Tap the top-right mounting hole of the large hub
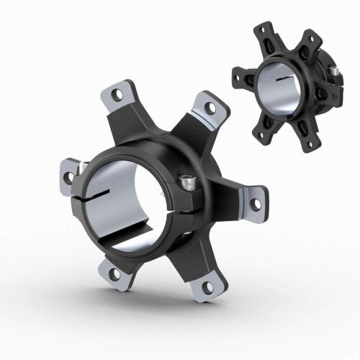(210, 107)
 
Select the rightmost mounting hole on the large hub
(255, 204)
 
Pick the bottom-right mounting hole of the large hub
(208, 287)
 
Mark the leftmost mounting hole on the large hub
(68, 174)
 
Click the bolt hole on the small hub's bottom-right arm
(311, 143)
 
